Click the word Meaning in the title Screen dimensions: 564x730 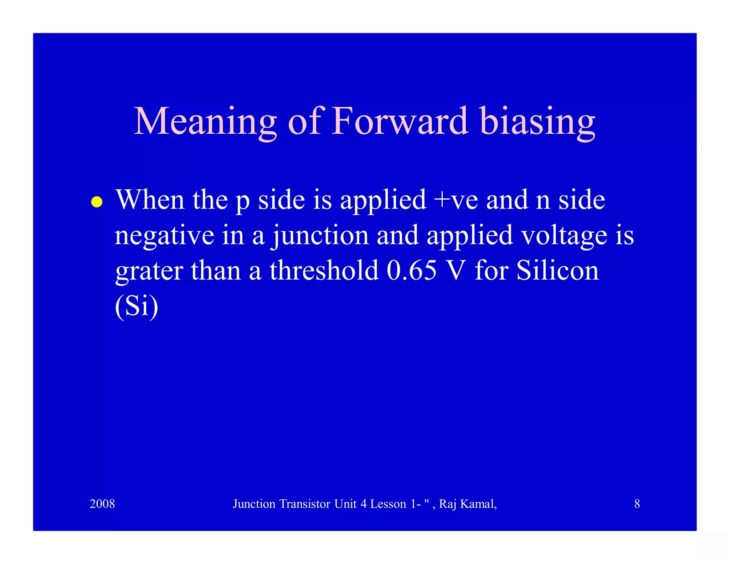(205, 122)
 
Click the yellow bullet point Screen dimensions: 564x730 (97, 202)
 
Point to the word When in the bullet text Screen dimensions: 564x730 (150, 200)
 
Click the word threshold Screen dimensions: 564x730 (324, 270)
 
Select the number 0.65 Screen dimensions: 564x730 (411, 270)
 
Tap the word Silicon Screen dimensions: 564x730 (557, 270)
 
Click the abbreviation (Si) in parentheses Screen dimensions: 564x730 (137, 306)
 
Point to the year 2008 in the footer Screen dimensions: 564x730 (102, 504)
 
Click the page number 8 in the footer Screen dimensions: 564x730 (637, 504)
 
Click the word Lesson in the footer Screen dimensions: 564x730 (388, 504)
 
